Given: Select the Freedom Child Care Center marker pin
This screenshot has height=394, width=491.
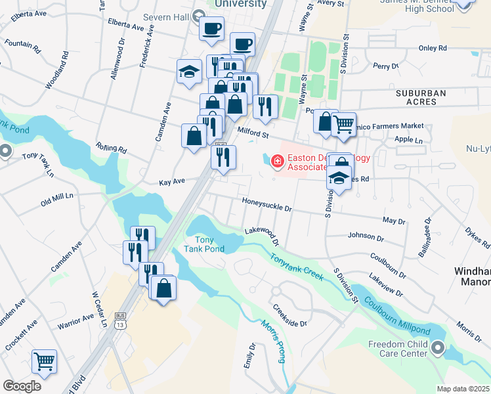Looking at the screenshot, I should coord(438,348).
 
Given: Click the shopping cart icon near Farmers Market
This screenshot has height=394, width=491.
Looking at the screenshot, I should coord(343,123).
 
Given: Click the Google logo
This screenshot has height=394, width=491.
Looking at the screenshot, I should coord(22,386).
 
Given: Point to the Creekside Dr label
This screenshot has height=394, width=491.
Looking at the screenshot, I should coord(290,315).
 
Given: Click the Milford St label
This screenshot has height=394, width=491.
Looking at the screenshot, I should coord(254,133).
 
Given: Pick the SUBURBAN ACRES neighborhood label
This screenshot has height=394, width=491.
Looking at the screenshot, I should coord(421,98).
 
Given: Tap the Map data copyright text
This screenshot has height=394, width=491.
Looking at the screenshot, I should coord(463,389).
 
